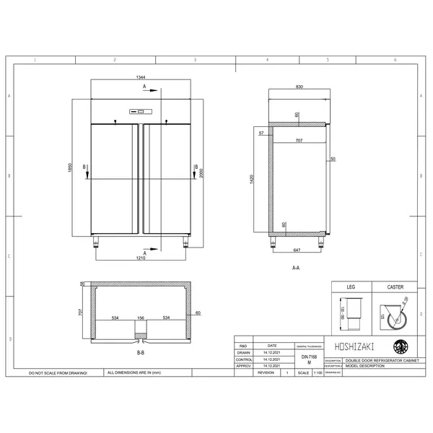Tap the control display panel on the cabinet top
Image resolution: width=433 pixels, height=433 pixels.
138,112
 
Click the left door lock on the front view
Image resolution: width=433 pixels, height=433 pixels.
115,121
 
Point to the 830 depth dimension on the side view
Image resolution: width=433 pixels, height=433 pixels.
298,87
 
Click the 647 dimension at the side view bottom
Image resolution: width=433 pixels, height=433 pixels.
298,249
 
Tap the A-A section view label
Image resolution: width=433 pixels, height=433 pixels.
296,268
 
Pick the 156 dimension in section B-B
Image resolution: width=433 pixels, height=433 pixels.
140,317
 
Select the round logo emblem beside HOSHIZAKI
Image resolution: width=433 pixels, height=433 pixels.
398,346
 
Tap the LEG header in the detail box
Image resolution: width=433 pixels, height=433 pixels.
351,287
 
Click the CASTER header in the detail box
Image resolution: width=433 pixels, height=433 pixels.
395,287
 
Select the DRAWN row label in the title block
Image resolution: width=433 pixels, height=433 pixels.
244,353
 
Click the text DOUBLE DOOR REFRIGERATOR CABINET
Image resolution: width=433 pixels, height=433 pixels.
380,359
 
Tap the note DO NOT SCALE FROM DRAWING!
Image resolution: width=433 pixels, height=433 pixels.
58,374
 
